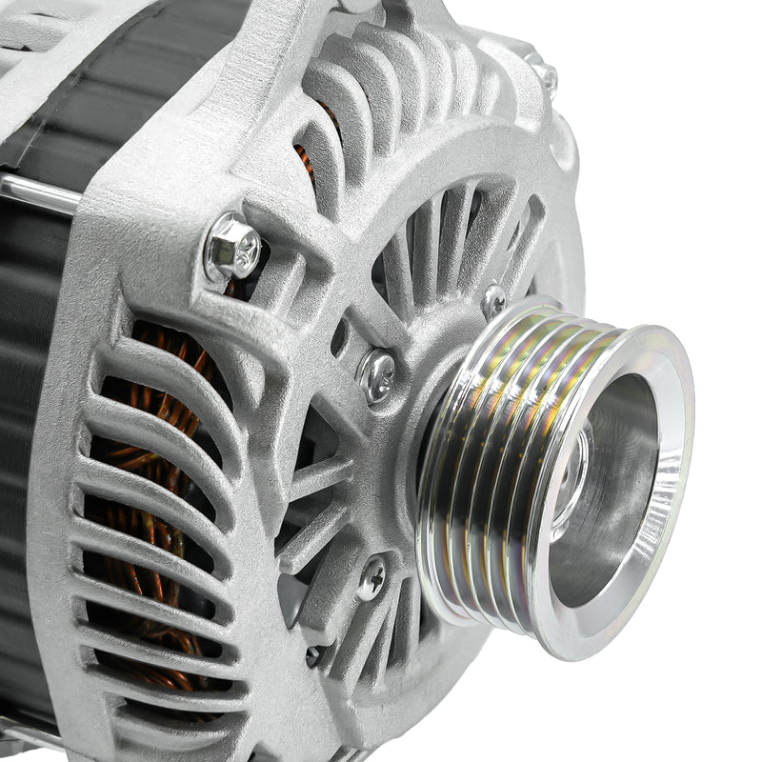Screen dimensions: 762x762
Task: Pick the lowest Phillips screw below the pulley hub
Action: point(371,578)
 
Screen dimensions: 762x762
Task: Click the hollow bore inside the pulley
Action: point(610,495)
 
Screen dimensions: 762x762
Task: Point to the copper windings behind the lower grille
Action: point(143,533)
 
